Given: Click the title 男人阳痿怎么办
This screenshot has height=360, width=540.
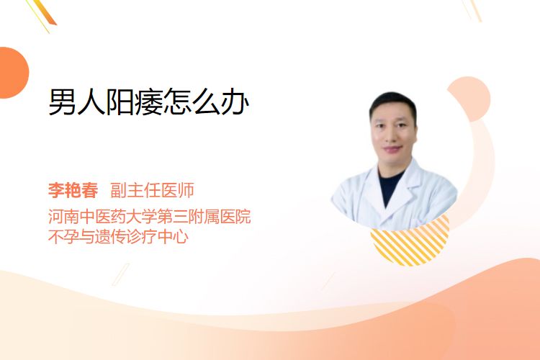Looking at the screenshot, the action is [x=148, y=102].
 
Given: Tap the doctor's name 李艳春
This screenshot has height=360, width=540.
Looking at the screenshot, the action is [x=73, y=190].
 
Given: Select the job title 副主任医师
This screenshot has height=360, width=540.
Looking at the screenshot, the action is [x=152, y=190].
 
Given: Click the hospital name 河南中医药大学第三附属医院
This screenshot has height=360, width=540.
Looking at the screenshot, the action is [x=150, y=217].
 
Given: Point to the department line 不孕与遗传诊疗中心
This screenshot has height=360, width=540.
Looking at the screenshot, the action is [x=119, y=237].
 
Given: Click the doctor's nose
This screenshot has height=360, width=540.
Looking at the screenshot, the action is [x=394, y=136].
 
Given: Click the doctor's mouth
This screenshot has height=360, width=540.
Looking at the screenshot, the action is [x=393, y=149].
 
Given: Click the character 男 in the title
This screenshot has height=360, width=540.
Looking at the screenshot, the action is [x=63, y=102].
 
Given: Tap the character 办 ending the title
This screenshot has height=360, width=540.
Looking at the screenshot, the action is [x=235, y=102].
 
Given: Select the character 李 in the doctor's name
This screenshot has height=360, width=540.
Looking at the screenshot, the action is [x=56, y=190].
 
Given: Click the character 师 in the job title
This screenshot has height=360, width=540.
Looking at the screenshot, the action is [x=186, y=190].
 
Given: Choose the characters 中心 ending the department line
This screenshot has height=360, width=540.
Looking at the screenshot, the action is [x=174, y=237].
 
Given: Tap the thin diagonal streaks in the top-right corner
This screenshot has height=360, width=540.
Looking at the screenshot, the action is [x=472, y=9].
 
